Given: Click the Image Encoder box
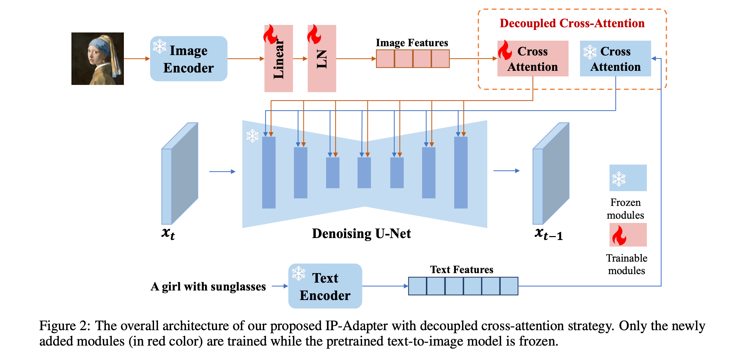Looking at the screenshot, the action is point(189,59).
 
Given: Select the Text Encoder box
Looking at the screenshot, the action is point(325,286).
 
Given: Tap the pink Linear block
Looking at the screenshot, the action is point(279,58).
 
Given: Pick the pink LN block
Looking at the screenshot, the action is point(322,58).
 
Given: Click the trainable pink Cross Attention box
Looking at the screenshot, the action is point(533,59).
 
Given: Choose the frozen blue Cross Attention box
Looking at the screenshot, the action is point(615,59).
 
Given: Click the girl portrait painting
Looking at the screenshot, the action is point(98,59).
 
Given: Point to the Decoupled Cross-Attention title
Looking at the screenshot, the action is point(572,23).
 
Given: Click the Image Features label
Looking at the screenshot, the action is point(412,43).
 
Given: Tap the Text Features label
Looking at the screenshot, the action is point(462,270).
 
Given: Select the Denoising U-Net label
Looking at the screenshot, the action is point(361,233).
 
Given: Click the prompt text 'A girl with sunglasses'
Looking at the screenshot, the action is point(208,287).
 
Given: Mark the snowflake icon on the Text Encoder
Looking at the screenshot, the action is point(299,273).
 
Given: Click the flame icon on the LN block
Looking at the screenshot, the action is point(314,34).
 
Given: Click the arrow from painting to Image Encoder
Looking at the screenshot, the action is point(137,59).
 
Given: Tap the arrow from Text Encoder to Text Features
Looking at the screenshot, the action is point(385,286).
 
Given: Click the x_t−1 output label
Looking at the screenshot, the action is point(549,234).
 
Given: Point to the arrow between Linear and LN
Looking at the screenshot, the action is point(300,59).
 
